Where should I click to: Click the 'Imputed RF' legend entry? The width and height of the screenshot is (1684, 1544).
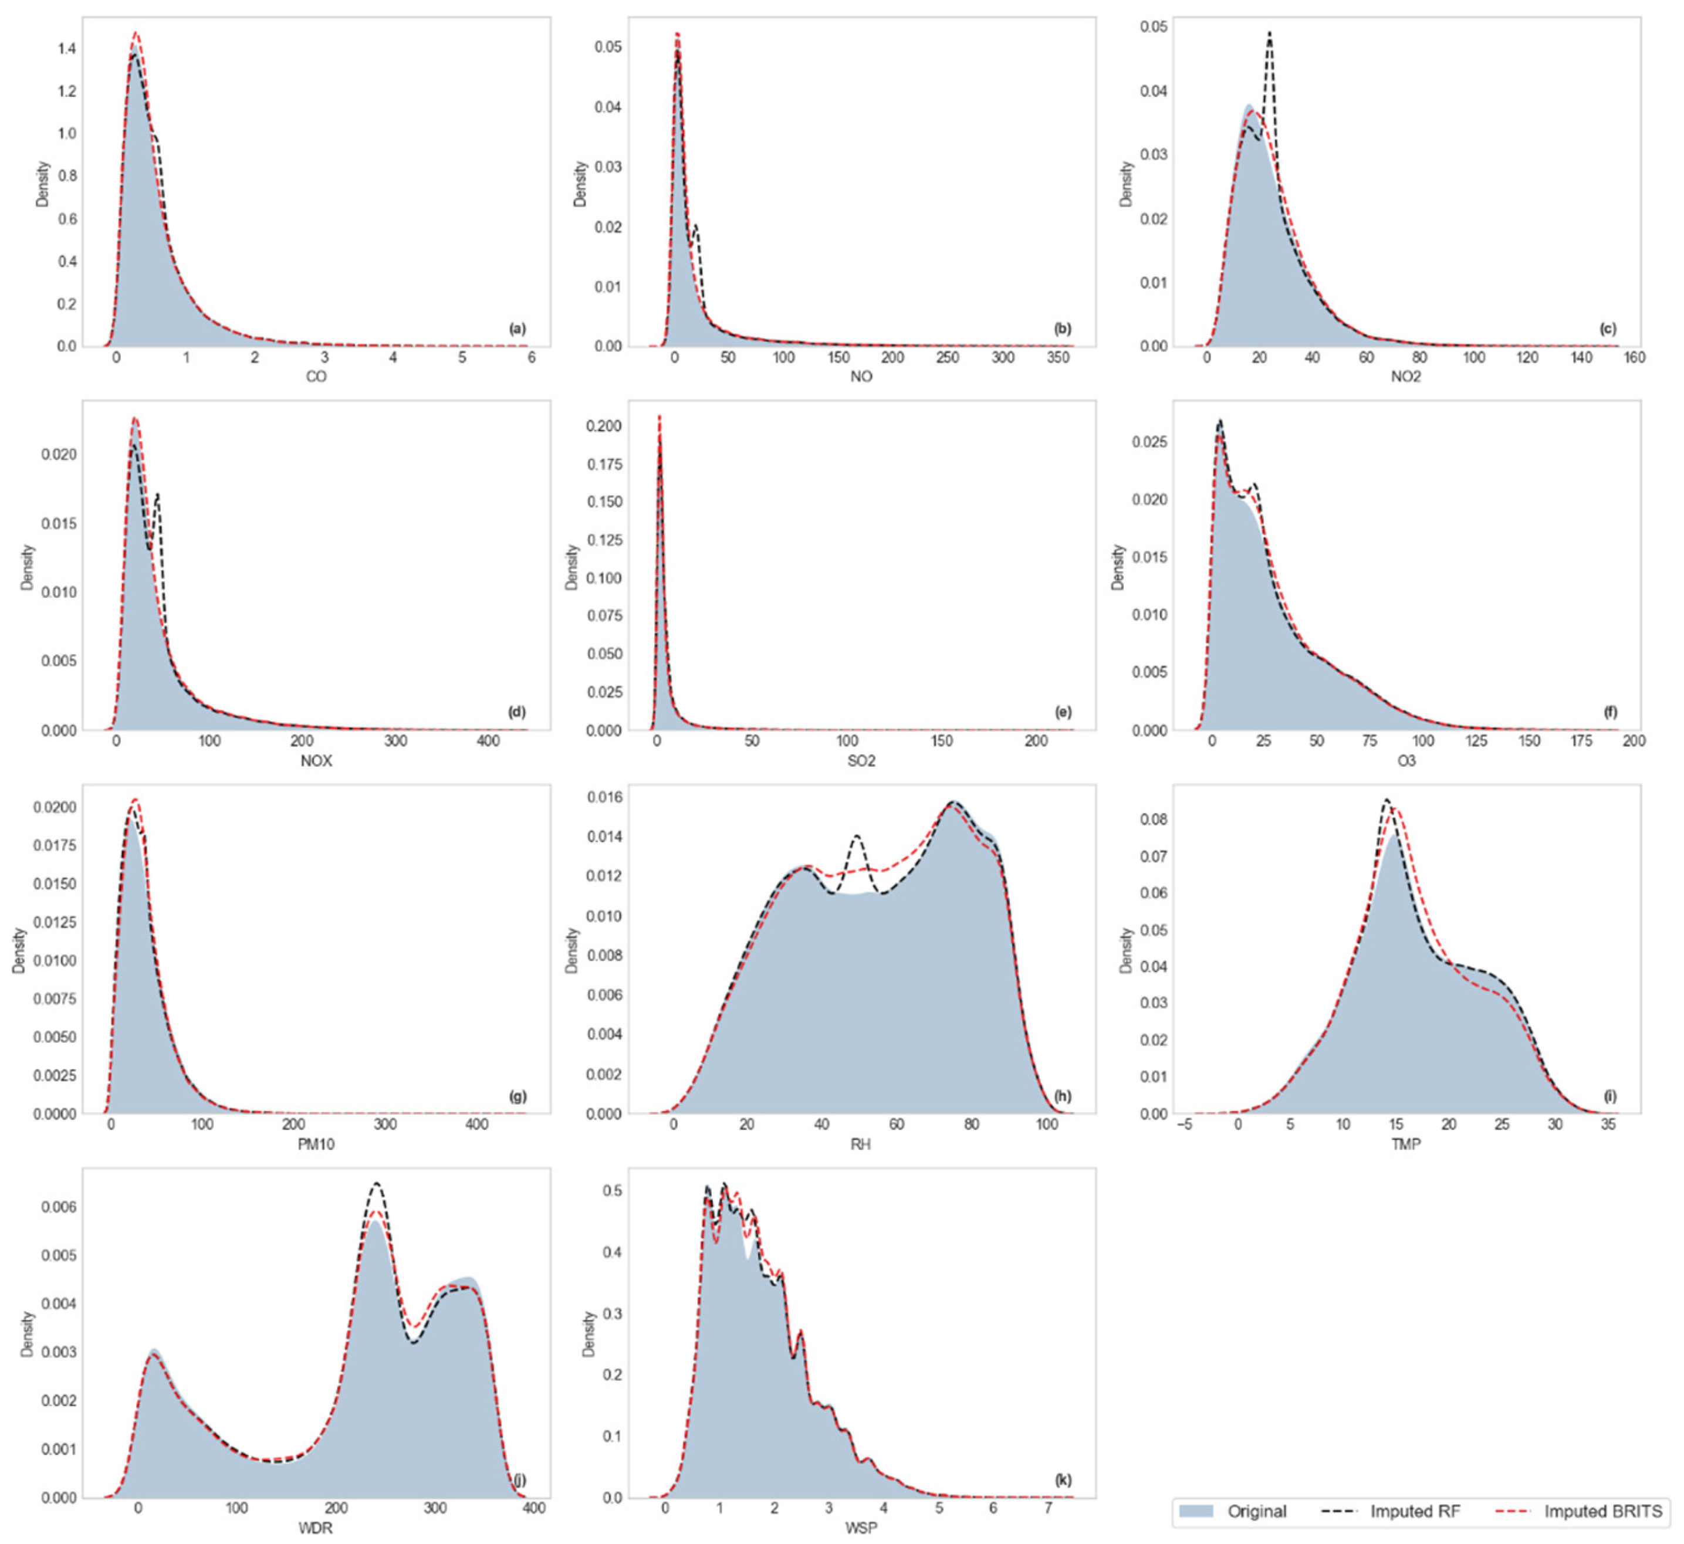click(1414, 1511)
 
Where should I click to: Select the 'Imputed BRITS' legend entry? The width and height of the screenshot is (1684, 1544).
click(1602, 1511)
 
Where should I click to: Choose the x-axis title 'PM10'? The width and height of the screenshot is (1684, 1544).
click(315, 1144)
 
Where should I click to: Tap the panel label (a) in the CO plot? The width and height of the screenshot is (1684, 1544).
click(518, 329)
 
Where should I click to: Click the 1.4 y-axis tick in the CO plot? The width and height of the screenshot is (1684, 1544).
click(67, 49)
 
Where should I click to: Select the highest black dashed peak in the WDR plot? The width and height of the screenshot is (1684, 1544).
click(377, 1184)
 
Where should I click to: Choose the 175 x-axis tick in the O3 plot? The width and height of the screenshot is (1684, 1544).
click(1581, 741)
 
